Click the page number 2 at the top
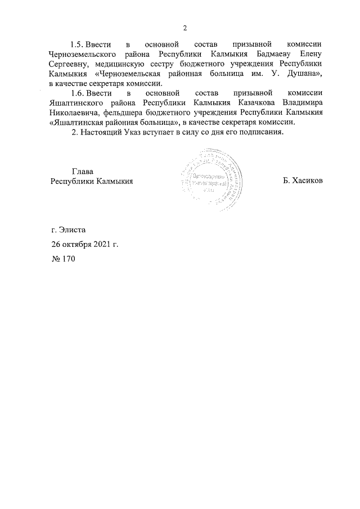[184, 29]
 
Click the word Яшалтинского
[78, 103]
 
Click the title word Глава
[82, 171]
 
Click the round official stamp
[206, 181]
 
